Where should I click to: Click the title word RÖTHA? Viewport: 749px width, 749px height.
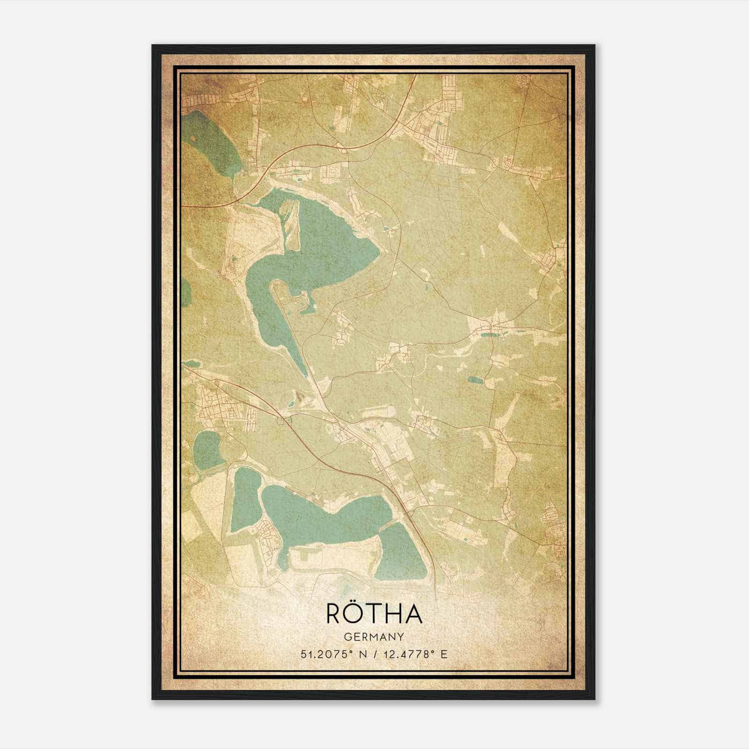click(374, 614)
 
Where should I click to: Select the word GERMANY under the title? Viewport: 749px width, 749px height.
click(374, 637)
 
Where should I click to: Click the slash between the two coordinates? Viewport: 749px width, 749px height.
click(373, 654)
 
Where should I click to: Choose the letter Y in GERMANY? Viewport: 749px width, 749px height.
click(401, 637)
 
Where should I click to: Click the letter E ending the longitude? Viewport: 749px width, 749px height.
click(445, 654)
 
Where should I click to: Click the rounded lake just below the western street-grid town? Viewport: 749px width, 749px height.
click(206, 447)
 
